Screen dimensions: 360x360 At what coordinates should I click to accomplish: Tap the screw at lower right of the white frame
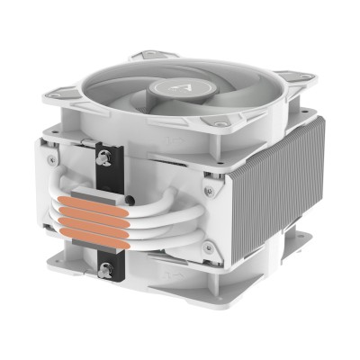207,247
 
